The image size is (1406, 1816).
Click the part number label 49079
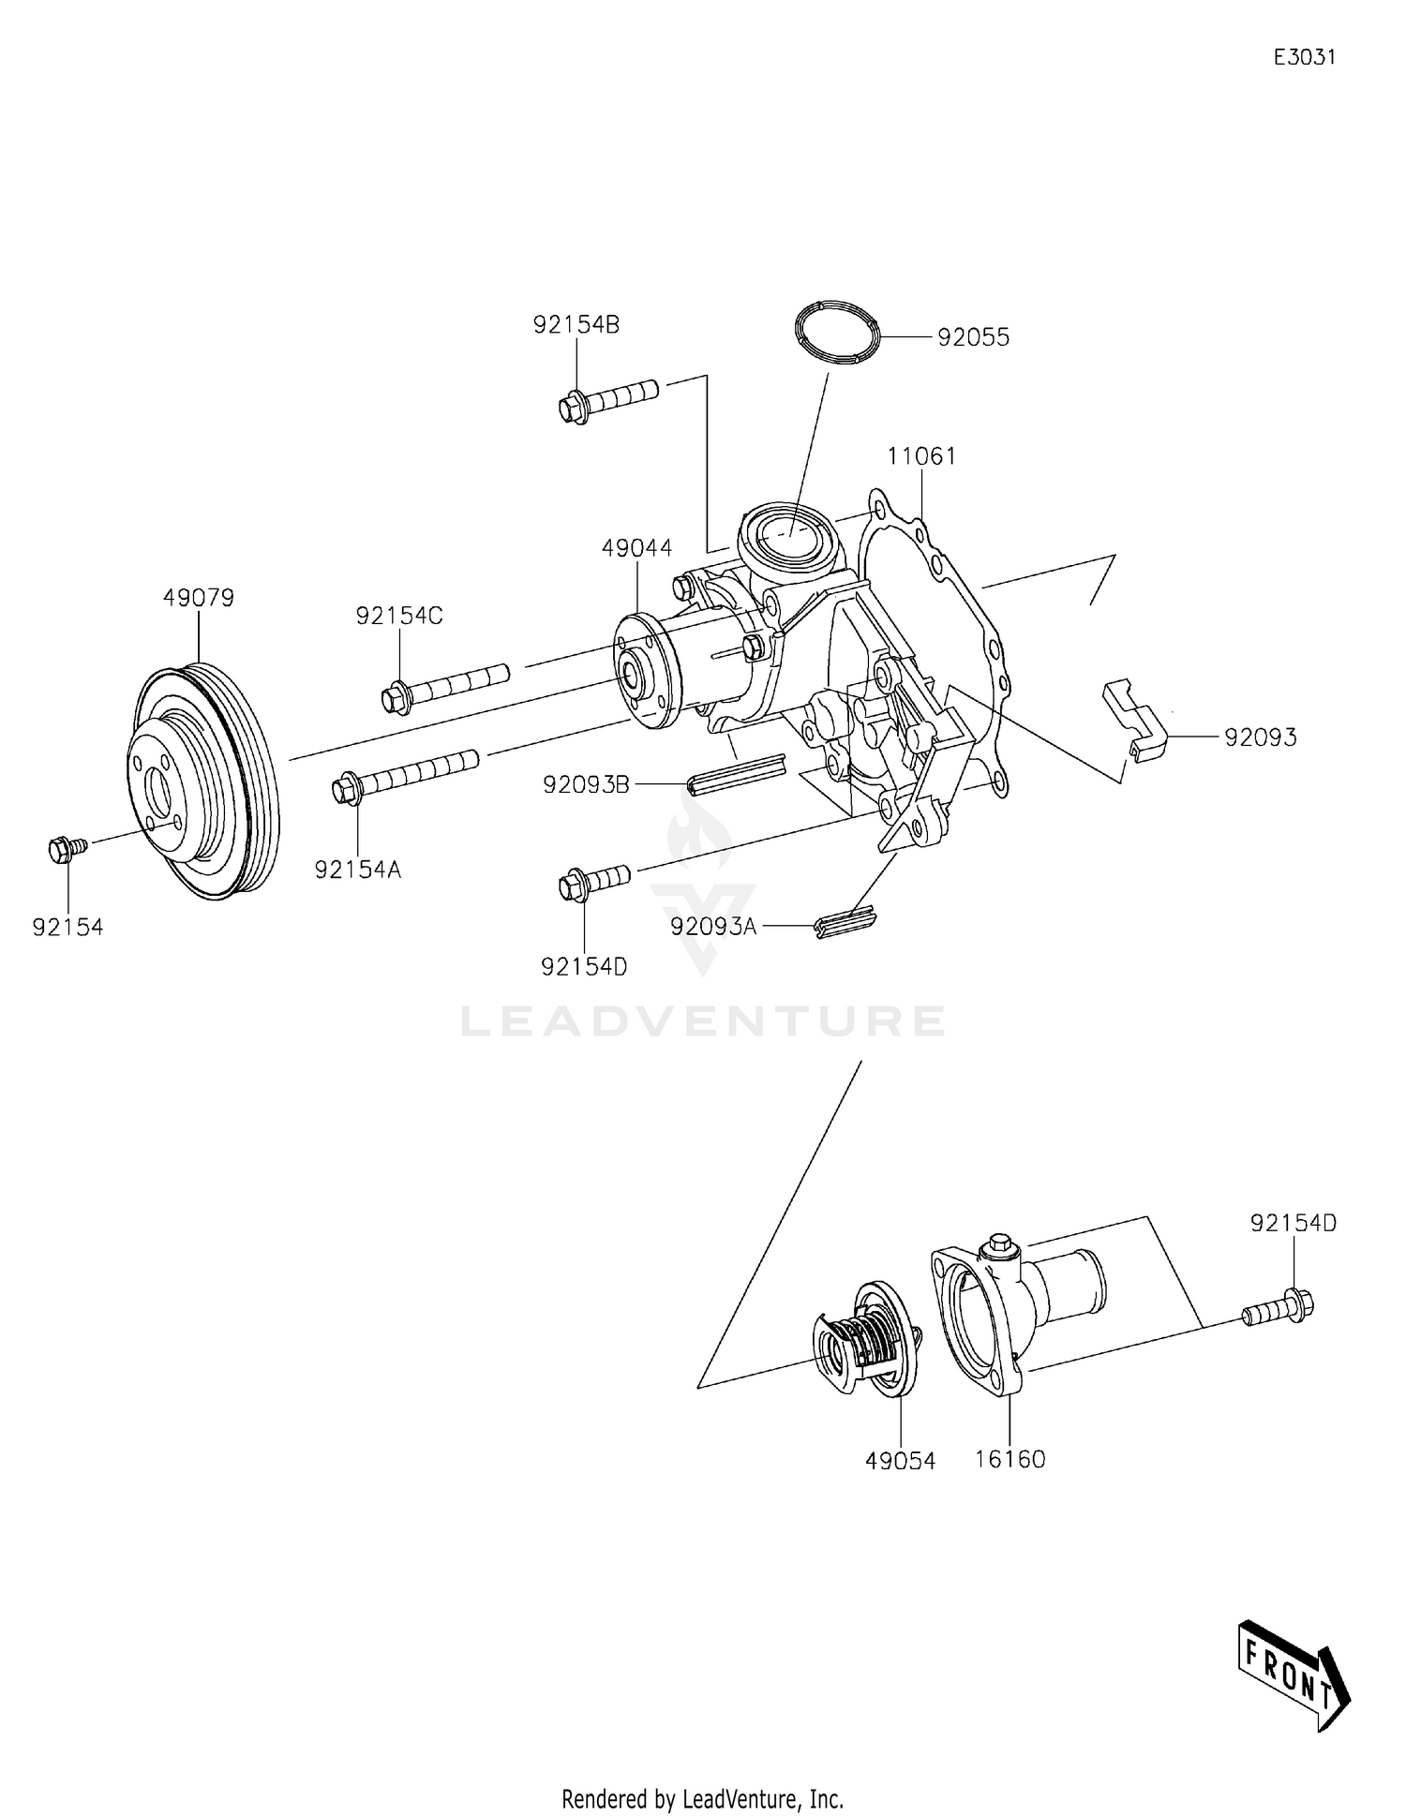[198, 598]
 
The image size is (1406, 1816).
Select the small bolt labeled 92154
[66, 849]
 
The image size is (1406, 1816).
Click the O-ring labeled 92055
[838, 333]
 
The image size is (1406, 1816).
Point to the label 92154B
[576, 325]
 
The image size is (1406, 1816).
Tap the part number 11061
[922, 457]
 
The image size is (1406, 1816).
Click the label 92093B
[586, 784]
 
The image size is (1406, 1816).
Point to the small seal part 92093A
[847, 923]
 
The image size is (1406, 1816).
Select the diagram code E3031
[1304, 57]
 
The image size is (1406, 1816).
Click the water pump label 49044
[637, 548]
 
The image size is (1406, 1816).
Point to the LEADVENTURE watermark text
[703, 1021]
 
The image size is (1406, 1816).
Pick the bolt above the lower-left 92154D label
[594, 881]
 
